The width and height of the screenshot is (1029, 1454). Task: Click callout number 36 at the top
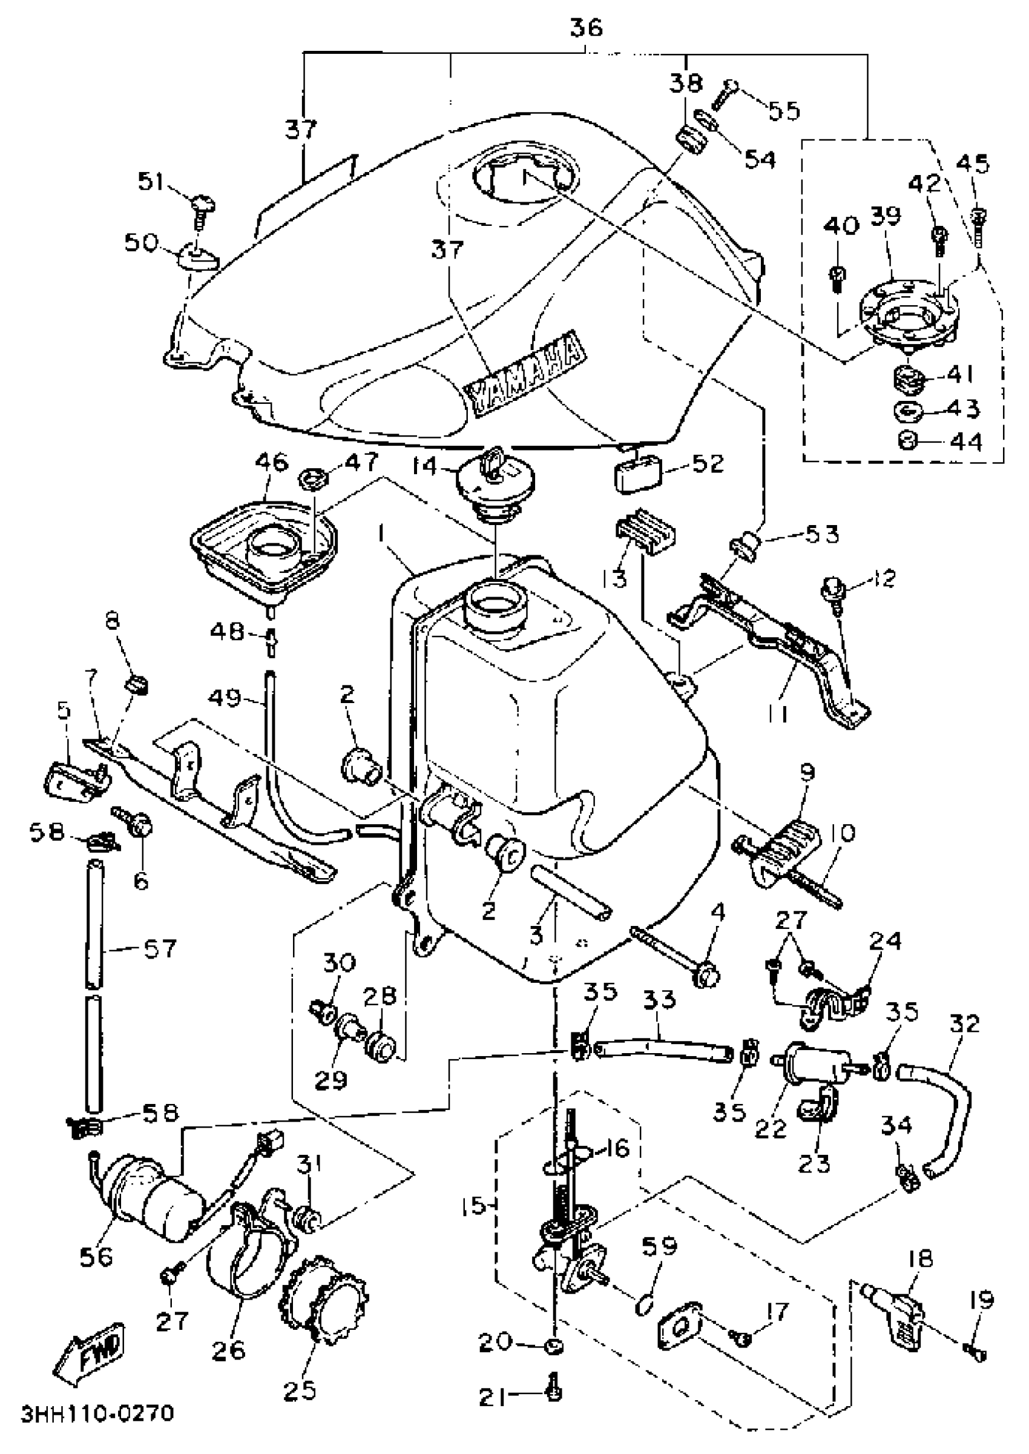pos(586,29)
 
